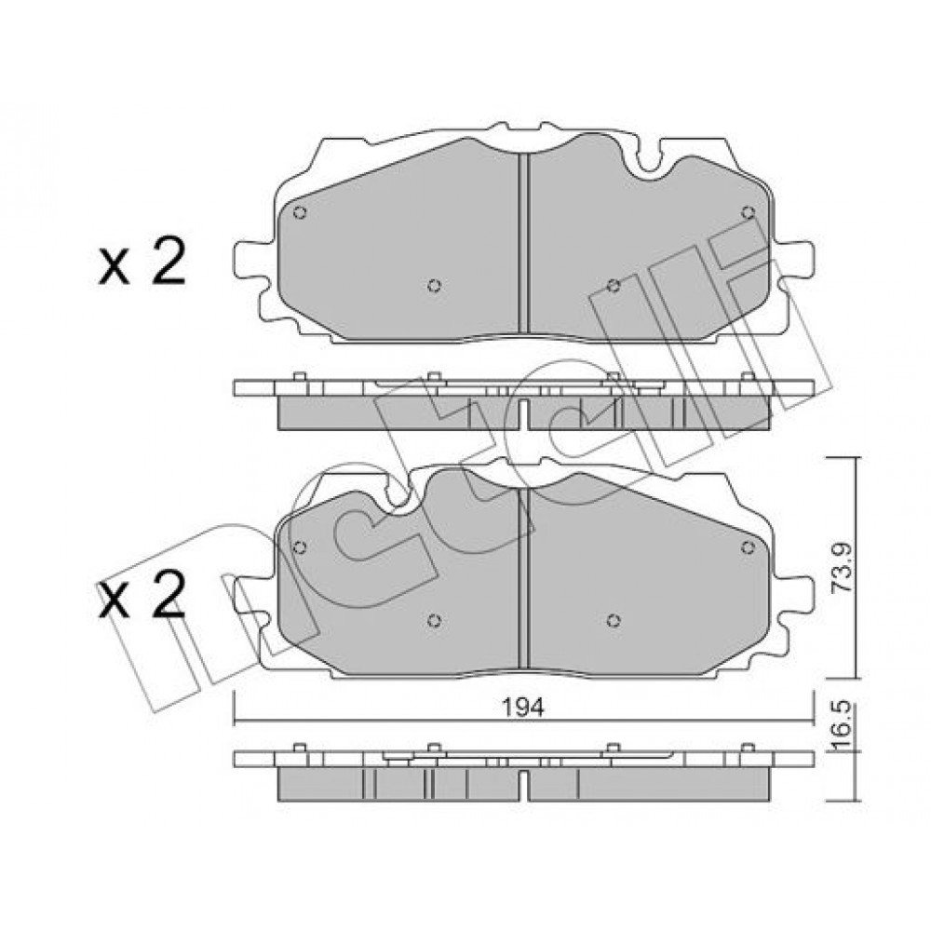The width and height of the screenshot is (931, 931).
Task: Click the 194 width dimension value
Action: point(523,708)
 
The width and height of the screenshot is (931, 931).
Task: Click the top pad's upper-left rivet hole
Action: point(300,212)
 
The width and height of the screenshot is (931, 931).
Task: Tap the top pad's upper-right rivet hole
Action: point(749,212)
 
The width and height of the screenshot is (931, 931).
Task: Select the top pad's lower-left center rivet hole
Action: point(434,286)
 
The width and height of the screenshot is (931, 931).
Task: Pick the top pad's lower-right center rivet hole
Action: point(614,286)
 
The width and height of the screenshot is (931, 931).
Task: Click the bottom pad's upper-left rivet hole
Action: point(300,546)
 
